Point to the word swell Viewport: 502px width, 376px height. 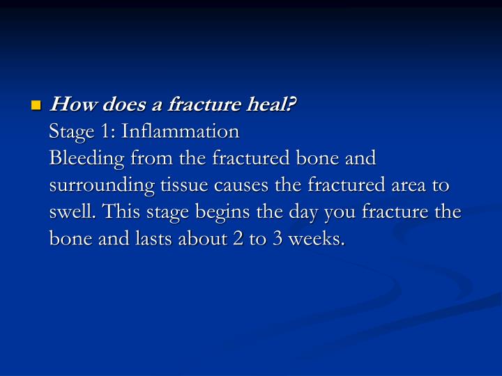(x=68, y=212)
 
